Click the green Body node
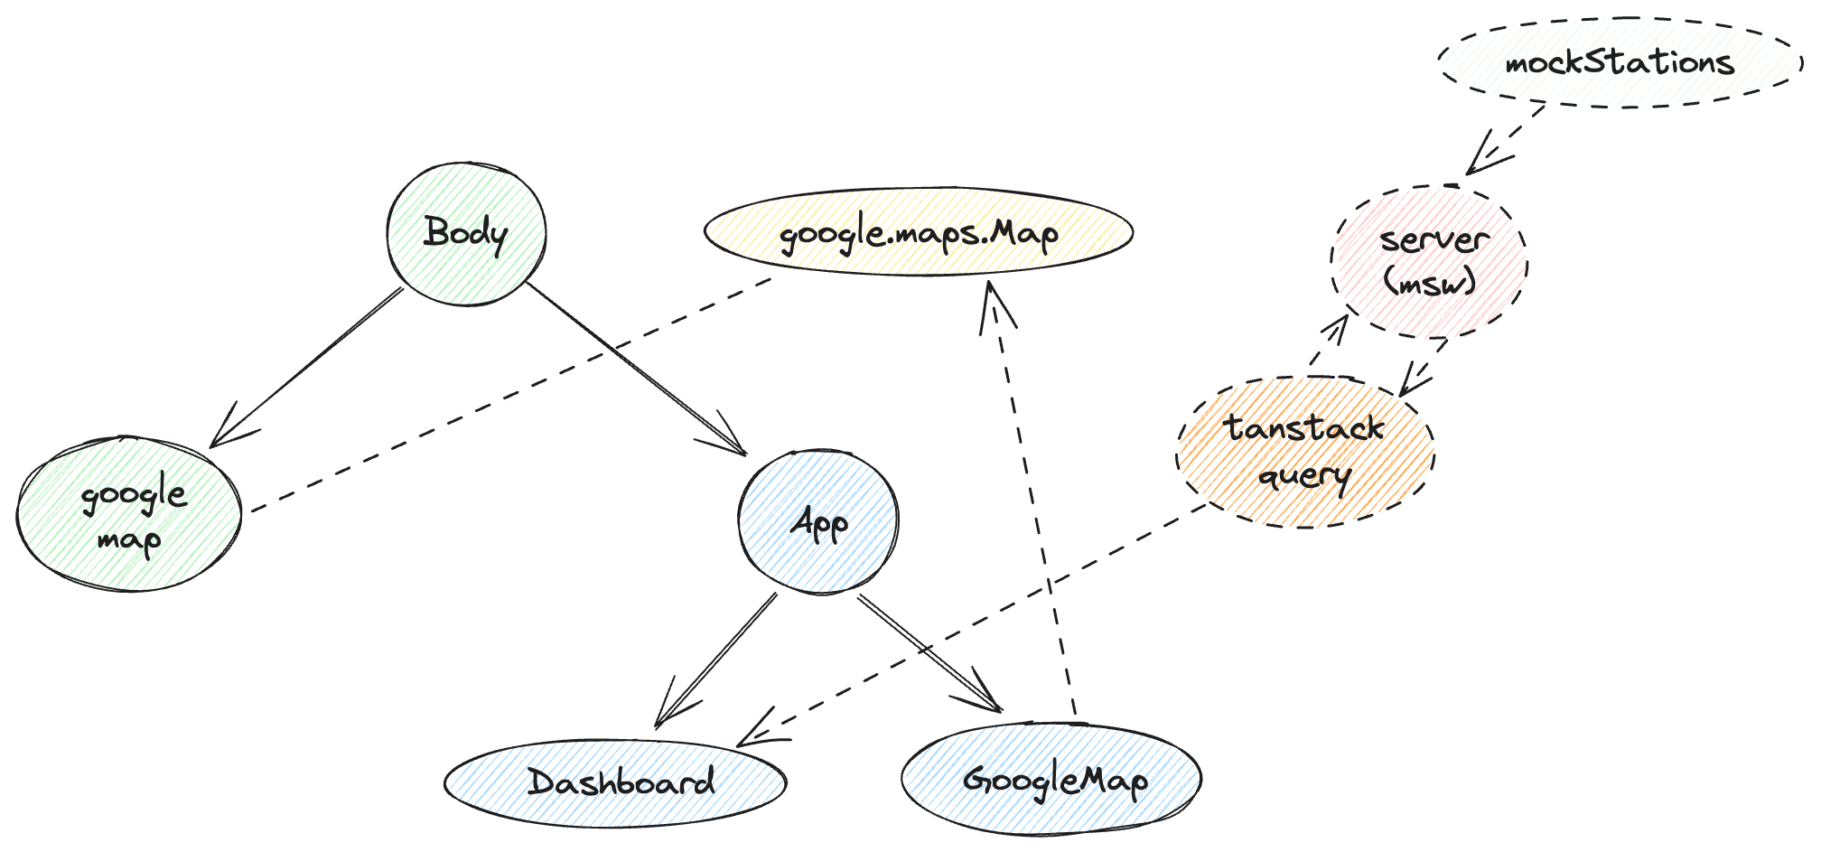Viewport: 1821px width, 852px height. coord(466,233)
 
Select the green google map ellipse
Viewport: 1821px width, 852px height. coord(129,515)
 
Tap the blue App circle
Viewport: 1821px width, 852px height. coord(818,522)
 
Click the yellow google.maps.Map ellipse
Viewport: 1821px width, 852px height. coord(919,233)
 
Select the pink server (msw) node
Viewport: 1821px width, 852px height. coord(1430,262)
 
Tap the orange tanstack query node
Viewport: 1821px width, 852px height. coord(1305,452)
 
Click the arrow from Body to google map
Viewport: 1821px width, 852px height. coord(307,366)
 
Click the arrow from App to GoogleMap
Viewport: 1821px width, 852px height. coord(930,654)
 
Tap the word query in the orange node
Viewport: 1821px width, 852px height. coord(1304,475)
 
